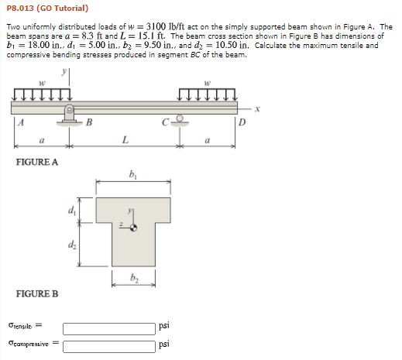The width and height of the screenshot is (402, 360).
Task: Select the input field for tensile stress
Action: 108,328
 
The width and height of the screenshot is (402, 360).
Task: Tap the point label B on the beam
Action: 88,121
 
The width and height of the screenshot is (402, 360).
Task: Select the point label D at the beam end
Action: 242,121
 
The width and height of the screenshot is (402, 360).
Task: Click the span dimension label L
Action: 125,139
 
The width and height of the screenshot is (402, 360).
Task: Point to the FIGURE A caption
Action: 37,162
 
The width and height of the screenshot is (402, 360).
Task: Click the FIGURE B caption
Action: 37,294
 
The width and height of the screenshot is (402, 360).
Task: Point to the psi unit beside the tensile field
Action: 163,328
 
